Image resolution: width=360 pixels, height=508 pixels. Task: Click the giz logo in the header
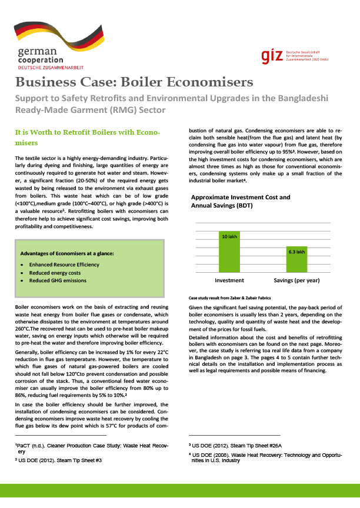[x=272, y=56]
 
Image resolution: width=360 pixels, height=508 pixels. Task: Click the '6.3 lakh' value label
[x=296, y=252]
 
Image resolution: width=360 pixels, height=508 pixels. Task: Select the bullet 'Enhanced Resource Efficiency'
[x=64, y=265]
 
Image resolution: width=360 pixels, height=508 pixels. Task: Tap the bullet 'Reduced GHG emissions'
[x=57, y=280]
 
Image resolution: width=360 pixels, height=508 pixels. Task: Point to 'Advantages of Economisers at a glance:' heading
[x=67, y=253]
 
